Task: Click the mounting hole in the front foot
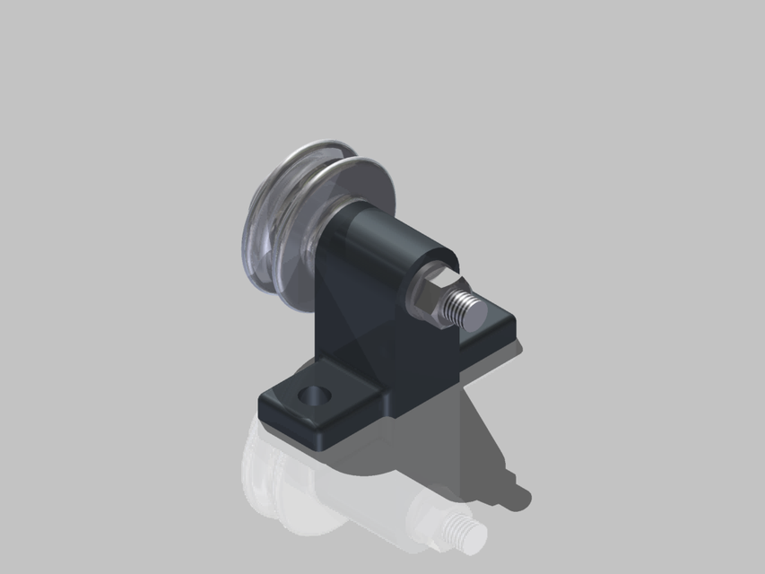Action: [315, 395]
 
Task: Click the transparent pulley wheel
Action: [287, 215]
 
